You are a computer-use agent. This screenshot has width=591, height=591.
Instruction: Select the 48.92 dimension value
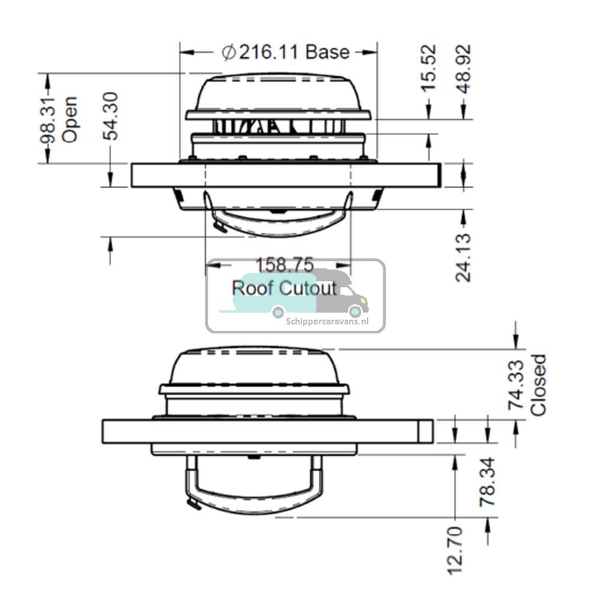pos(464,68)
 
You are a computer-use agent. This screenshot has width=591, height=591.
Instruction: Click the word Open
pos(70,119)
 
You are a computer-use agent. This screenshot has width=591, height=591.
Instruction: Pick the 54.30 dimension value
pos(111,116)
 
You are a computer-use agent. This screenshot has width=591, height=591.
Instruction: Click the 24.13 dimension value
pos(464,257)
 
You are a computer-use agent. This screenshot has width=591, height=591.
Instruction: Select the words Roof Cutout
pos(284,288)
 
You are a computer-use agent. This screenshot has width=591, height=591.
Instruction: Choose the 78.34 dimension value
pos(488,481)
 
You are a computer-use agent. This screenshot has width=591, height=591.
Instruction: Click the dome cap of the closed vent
pos(254,366)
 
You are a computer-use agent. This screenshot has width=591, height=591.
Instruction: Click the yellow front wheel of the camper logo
pos(355,311)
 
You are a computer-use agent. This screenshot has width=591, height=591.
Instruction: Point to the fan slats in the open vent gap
pos(278,126)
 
